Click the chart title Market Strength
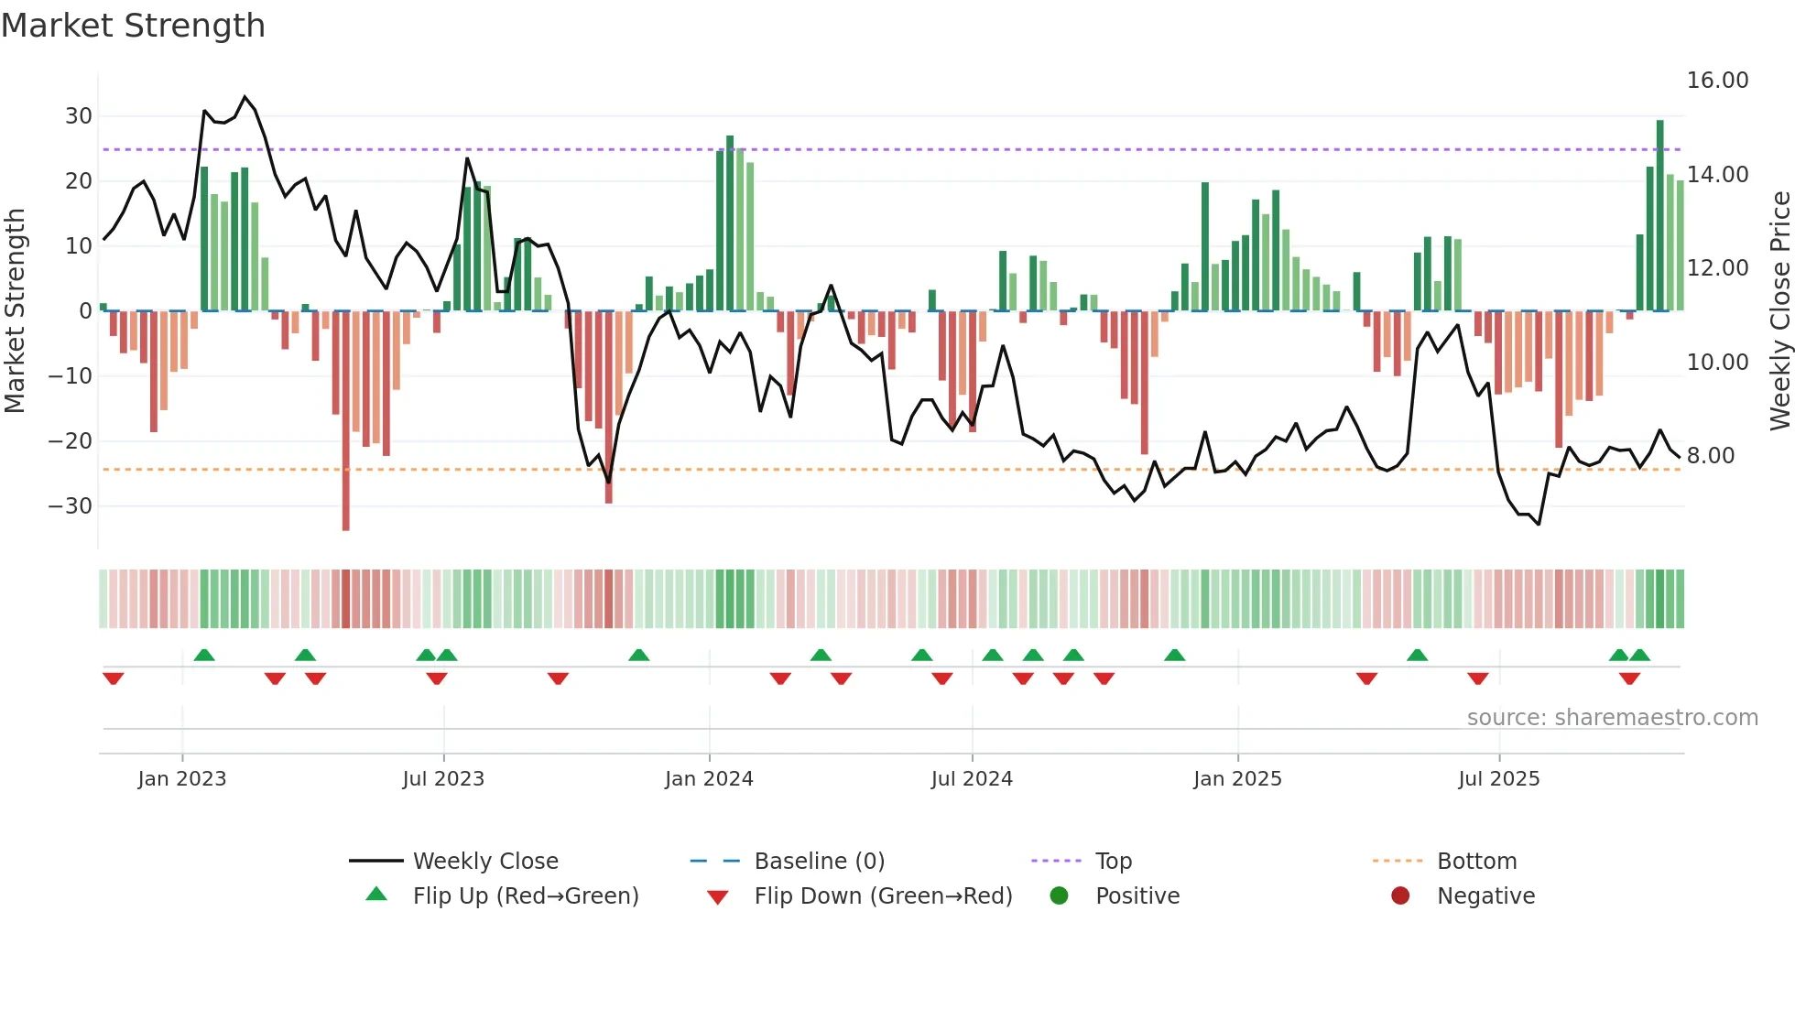point(133,26)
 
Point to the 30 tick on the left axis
point(78,116)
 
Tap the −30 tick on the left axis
point(71,506)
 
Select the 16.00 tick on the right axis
point(1717,81)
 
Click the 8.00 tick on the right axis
point(1710,456)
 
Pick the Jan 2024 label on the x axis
point(709,779)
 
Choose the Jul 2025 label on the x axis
point(1498,779)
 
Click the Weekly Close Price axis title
point(1779,311)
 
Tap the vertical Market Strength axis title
point(16,311)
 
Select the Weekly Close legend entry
point(484,862)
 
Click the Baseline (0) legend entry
point(819,862)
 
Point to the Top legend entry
point(1113,862)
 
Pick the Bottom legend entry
point(1476,862)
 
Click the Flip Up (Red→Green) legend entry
point(525,896)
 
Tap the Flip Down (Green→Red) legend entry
point(882,896)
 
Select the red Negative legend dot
point(1399,895)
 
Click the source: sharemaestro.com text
point(1612,718)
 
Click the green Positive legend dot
point(1059,895)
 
